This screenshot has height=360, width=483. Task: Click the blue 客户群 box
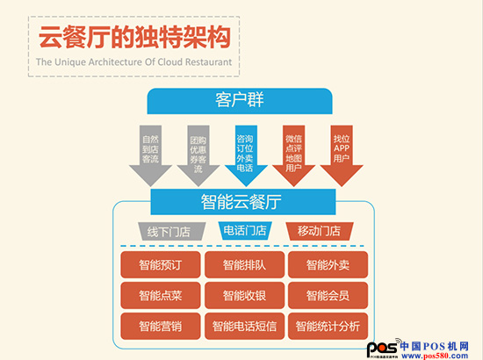pyautogui.click(x=240, y=101)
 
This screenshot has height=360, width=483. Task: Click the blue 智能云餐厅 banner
pyautogui.click(x=243, y=202)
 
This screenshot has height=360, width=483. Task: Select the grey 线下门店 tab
pyautogui.click(x=171, y=231)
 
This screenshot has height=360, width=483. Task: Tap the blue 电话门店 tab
pyautogui.click(x=245, y=231)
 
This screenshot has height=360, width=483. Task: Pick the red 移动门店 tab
pyautogui.click(x=320, y=231)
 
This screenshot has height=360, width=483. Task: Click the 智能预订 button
pyautogui.click(x=161, y=264)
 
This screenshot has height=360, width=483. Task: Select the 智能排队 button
pyautogui.click(x=244, y=264)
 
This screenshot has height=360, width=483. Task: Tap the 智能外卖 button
pyautogui.click(x=328, y=264)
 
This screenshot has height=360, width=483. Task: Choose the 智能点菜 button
pyautogui.click(x=161, y=295)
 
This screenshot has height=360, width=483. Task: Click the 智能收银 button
pyautogui.click(x=244, y=295)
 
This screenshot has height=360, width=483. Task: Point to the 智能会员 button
pyautogui.click(x=328, y=295)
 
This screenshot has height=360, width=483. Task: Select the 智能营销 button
pyautogui.click(x=161, y=326)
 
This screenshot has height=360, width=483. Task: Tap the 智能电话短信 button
pyautogui.click(x=244, y=326)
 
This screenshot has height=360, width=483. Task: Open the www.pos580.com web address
pyautogui.click(x=435, y=356)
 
